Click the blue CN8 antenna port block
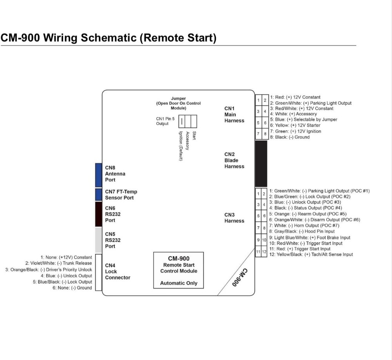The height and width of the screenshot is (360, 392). click(98, 175)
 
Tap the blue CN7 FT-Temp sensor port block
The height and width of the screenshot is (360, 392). click(98, 195)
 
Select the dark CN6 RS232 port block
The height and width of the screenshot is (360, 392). click(98, 214)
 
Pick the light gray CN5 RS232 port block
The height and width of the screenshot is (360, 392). click(98, 240)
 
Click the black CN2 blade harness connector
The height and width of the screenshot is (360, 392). click(261, 164)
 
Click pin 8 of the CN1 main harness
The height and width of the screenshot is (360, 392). click(265, 134)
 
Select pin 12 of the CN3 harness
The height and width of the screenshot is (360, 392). click(265, 251)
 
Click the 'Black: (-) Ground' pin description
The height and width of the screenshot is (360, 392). click(292, 137)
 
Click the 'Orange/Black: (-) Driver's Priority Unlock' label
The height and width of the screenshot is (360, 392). click(49, 269)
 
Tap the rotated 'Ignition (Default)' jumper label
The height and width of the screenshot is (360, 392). click(181, 146)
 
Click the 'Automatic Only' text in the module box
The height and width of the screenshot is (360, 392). click(179, 283)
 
